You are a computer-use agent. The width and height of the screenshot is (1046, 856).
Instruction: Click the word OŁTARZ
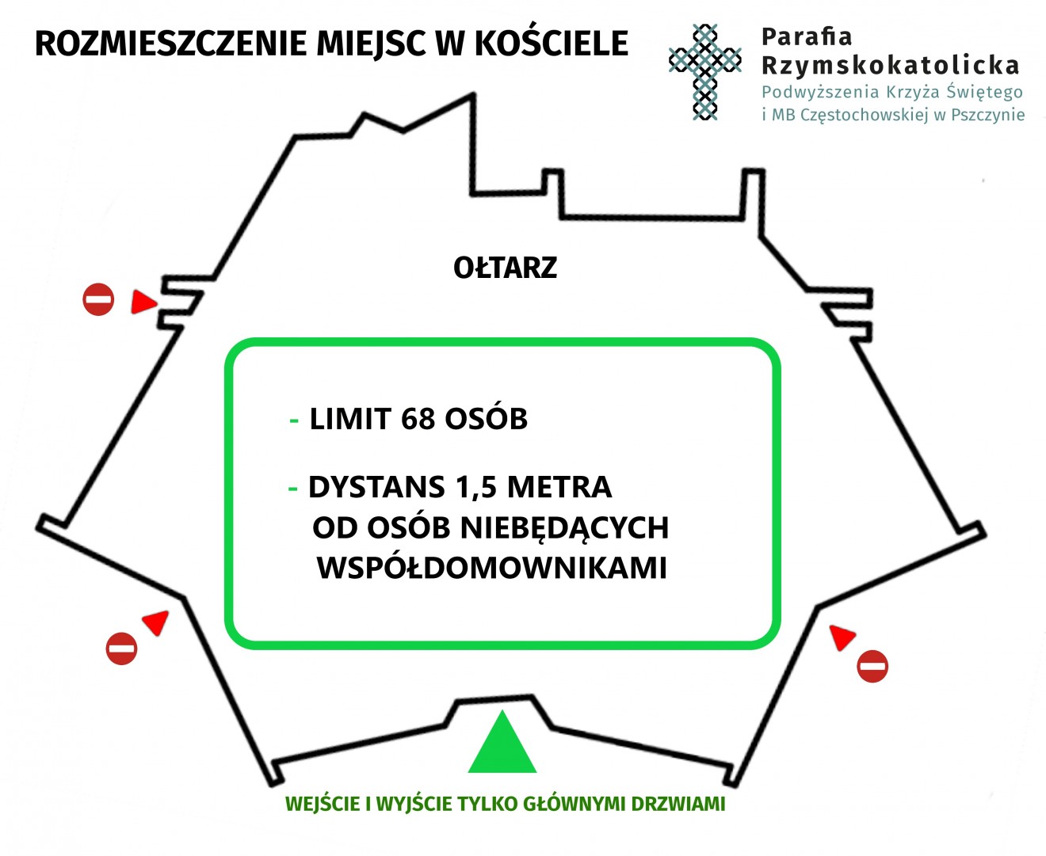tap(505, 268)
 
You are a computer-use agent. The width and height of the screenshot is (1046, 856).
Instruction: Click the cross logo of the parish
tap(704, 71)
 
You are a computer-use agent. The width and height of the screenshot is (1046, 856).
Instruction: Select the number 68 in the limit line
tap(418, 419)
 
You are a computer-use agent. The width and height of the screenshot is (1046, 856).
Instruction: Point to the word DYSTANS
tap(376, 487)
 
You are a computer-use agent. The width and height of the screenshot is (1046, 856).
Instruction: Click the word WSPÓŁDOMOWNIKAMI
tap(491, 568)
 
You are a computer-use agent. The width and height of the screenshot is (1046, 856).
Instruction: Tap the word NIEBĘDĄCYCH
tap(564, 528)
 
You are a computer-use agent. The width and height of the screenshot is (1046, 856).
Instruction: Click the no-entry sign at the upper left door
tap(98, 299)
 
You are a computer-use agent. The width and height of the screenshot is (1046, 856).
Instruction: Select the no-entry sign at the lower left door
tap(121, 649)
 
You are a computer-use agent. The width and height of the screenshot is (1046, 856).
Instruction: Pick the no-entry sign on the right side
tap(872, 666)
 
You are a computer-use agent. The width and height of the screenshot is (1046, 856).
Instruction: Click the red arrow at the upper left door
tap(143, 302)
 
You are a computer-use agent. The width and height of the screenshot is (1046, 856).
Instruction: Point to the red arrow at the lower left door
tap(157, 622)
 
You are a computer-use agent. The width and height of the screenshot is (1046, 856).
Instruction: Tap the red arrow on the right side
tap(842, 637)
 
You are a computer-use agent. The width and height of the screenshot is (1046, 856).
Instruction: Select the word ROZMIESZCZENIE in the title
tap(170, 44)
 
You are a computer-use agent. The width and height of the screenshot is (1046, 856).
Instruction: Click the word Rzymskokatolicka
tap(890, 66)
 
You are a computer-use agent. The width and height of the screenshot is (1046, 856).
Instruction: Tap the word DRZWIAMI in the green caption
tap(678, 804)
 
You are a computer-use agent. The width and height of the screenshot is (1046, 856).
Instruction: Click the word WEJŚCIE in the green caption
tap(323, 804)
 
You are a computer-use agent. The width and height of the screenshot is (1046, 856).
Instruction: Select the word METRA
tap(559, 487)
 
